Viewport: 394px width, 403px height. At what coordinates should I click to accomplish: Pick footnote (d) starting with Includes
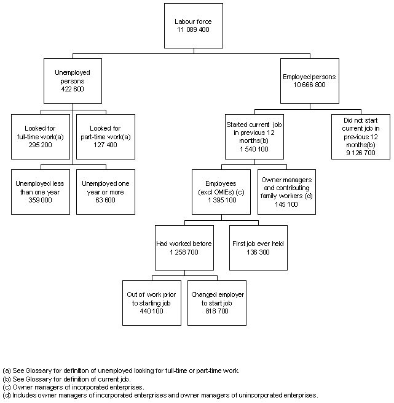(160, 396)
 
